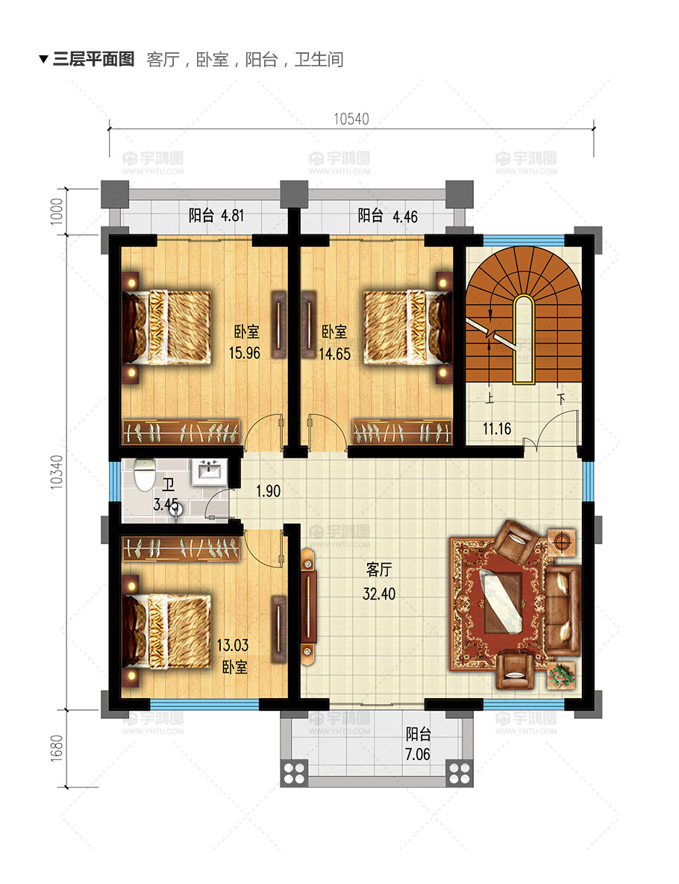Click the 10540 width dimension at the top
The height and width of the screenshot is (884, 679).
(x=351, y=119)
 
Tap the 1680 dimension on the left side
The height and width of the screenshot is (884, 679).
(x=57, y=748)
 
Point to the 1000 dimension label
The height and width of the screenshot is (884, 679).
(x=57, y=211)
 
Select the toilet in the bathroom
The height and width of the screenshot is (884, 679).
(x=145, y=475)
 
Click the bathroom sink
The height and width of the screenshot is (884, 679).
(x=210, y=472)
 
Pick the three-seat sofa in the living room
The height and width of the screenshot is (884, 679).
(x=563, y=611)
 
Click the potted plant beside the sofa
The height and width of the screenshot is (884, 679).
(x=561, y=676)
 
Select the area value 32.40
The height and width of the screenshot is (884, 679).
(x=378, y=594)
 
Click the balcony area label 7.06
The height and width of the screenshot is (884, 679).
(x=418, y=754)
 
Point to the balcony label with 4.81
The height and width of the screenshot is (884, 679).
(x=216, y=215)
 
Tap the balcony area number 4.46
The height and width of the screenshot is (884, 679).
(x=405, y=217)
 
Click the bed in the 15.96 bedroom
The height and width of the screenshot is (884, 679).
(x=167, y=327)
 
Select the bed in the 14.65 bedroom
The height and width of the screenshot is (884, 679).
(x=408, y=327)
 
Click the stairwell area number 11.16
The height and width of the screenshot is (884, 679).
(x=497, y=429)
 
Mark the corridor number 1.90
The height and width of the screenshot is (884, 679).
(x=268, y=491)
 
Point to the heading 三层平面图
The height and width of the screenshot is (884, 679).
(x=93, y=59)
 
